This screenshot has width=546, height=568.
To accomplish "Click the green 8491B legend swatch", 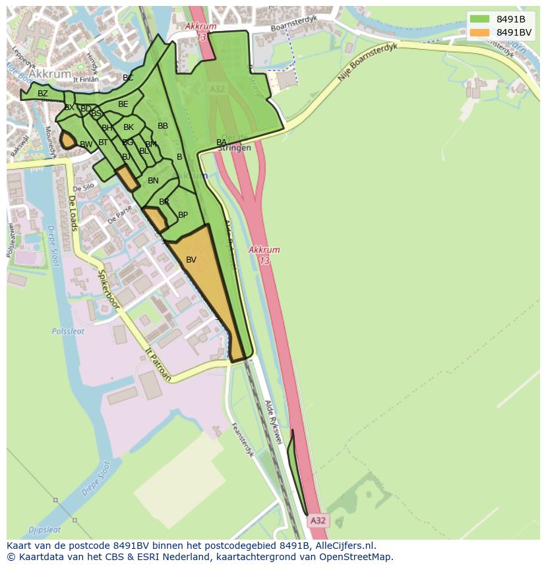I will (x=479, y=19).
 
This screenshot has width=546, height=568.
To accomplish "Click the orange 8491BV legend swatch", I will (x=479, y=32).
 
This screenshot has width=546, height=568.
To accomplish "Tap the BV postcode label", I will (x=191, y=260).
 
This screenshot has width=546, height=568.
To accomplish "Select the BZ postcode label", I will (x=43, y=94).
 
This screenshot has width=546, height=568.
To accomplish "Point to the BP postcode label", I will (x=183, y=215).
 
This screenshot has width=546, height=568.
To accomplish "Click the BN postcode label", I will (x=153, y=181).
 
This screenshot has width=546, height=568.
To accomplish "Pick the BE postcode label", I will (x=123, y=104).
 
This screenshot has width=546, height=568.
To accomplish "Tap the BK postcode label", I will (x=129, y=127).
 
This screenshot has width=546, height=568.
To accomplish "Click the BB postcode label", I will (x=163, y=126).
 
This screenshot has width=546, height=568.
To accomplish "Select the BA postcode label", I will (x=222, y=142).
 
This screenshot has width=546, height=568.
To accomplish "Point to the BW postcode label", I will (x=86, y=144).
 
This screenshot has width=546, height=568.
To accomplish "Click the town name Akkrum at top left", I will (x=51, y=75).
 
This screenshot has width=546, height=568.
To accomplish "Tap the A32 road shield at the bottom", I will (x=318, y=521).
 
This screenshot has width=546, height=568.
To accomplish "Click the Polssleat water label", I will (x=69, y=332).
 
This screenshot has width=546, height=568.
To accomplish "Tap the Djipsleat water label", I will (x=45, y=529).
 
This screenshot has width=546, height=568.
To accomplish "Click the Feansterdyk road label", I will (x=243, y=439).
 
